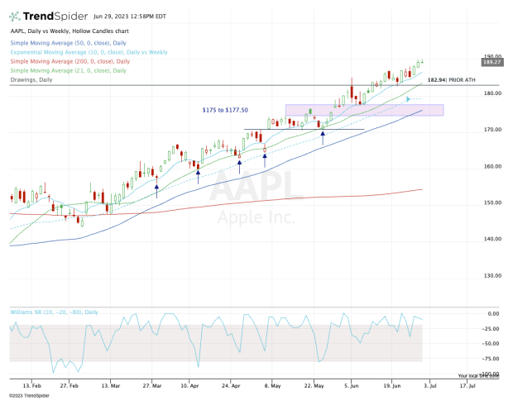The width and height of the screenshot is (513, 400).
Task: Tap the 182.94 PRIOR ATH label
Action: (x=446, y=79)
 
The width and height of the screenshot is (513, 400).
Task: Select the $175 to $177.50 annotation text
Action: (x=225, y=109)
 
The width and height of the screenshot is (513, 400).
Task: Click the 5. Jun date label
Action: (x=351, y=386)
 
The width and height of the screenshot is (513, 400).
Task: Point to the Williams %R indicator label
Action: (x=54, y=312)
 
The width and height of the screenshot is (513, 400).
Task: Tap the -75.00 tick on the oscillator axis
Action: (x=488, y=359)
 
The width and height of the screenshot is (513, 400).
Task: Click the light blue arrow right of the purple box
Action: (x=407, y=99)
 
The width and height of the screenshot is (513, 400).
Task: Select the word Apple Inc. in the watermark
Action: (x=256, y=218)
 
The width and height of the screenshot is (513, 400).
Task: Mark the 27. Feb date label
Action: (x=70, y=386)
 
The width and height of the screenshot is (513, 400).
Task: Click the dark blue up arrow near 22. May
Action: (x=323, y=133)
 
